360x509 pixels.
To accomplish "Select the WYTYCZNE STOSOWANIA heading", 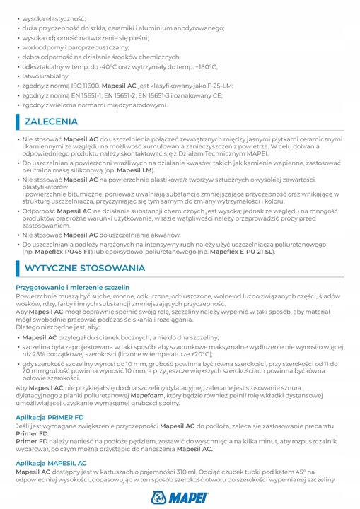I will point(84,269).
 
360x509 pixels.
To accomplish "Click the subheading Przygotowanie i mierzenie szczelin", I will point(72,288).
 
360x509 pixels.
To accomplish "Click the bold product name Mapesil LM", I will point(156,172).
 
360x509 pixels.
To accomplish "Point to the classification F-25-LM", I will point(218,85).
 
